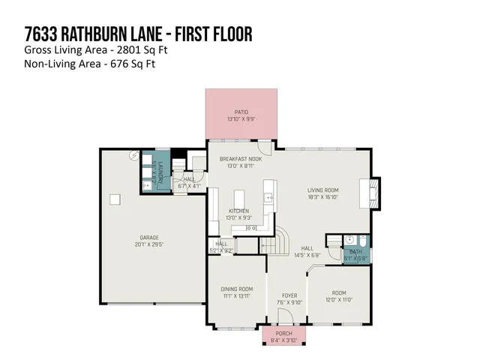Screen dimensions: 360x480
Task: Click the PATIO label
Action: (241, 112)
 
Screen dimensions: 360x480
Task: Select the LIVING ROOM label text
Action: (323, 190)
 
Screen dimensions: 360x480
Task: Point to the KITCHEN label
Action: (239, 211)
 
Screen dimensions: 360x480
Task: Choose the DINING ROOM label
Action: (236, 289)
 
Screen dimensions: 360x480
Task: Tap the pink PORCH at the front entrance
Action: (284, 335)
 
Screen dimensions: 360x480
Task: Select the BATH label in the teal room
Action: (355, 253)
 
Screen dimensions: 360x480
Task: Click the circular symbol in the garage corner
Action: (133, 155)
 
